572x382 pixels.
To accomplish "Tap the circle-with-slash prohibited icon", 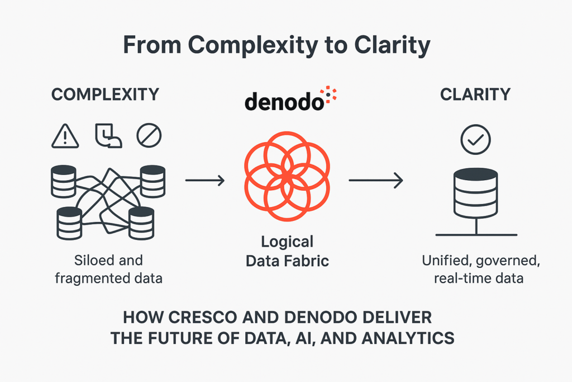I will tap(149, 135).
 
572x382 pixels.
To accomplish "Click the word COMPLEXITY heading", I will tap(105, 94).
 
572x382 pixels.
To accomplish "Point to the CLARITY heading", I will tap(475, 94).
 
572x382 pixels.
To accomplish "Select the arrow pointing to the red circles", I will tap(204, 180).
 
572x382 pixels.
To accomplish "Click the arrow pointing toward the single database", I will tap(375, 180).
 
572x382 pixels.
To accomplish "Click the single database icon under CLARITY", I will tap(476, 193).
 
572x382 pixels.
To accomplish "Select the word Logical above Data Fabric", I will tap(287, 242).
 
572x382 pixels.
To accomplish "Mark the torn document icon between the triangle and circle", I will tap(108, 135).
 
